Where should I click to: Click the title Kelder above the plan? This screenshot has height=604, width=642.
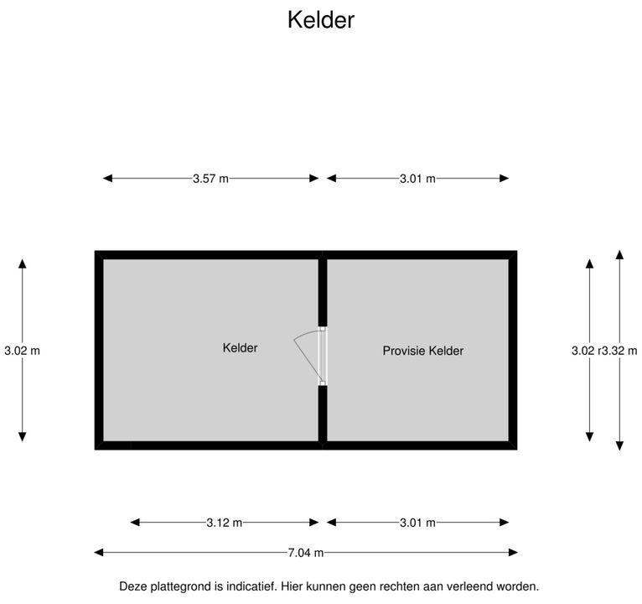pyautogui.click(x=321, y=19)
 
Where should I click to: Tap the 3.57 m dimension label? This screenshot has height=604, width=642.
pyautogui.click(x=210, y=179)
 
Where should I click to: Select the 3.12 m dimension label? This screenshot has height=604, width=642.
pyautogui.click(x=224, y=523)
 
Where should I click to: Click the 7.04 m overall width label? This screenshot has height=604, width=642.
pyautogui.click(x=305, y=553)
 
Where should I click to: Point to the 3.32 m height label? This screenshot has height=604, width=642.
pyautogui.click(x=619, y=351)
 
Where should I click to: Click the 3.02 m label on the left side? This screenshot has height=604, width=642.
pyautogui.click(x=22, y=351)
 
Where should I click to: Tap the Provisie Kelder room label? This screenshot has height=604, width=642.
pyautogui.click(x=423, y=351)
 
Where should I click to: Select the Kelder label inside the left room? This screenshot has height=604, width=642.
pyautogui.click(x=240, y=348)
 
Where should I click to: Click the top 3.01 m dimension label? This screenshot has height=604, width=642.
pyautogui.click(x=417, y=179)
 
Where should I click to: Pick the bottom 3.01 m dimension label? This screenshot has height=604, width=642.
pyautogui.click(x=417, y=523)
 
